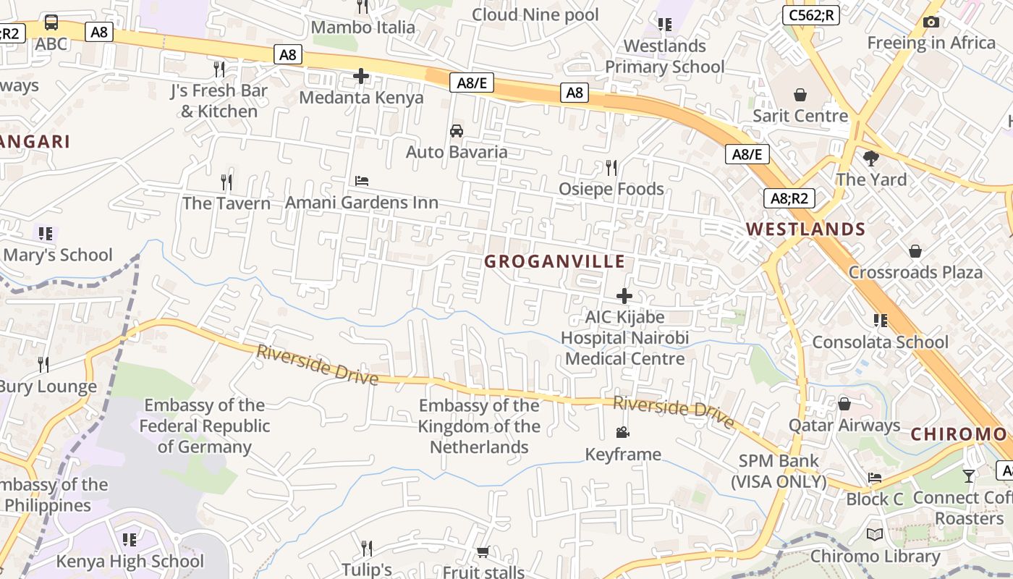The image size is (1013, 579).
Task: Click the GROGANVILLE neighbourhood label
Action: (554, 261)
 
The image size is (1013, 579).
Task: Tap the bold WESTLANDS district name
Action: (805, 229)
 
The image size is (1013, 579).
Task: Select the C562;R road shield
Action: (810, 15)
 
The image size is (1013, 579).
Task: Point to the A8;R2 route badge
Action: (789, 198)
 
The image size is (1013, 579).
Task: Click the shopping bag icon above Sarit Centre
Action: (800, 95)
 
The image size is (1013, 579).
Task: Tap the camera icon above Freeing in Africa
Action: (931, 22)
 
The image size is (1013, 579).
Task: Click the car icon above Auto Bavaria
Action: (457, 131)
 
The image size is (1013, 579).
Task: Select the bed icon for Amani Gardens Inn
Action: (362, 181)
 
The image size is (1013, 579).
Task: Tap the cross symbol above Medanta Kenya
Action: (361, 76)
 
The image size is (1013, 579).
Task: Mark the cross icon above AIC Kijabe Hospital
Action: (624, 296)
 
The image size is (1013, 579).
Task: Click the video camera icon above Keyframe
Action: (622, 433)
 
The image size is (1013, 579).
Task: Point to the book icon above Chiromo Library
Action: (875, 535)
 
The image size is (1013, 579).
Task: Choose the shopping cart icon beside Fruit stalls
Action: (483, 551)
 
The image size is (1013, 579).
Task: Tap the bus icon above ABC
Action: (51, 22)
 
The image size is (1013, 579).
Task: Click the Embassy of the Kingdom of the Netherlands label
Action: (479, 426)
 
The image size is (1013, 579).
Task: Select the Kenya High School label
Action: (130, 561)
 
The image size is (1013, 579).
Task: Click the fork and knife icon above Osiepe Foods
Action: (611, 168)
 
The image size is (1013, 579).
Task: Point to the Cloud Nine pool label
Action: (535, 14)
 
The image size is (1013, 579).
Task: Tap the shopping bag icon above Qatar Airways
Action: (844, 404)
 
